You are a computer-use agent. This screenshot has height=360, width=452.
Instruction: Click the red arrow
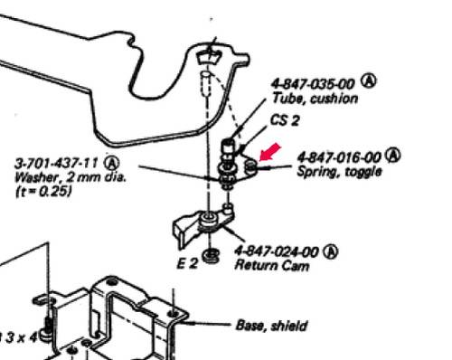pyautogui.click(x=270, y=152)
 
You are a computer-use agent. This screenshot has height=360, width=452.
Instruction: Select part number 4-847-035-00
pyautogui.click(x=314, y=83)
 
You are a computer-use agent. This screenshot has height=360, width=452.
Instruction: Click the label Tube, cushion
pyautogui.click(x=315, y=99)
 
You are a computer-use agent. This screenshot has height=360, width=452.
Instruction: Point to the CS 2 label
pyautogui.click(x=285, y=120)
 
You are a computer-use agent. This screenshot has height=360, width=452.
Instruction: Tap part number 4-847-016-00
pyautogui.click(x=339, y=157)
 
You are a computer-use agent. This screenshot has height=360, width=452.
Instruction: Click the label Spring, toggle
pyautogui.click(x=339, y=172)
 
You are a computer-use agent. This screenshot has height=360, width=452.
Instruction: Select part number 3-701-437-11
pyautogui.click(x=56, y=164)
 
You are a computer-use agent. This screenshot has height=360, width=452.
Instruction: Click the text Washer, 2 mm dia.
pyautogui.click(x=71, y=177)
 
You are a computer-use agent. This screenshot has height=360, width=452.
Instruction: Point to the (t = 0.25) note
pyautogui.click(x=43, y=191)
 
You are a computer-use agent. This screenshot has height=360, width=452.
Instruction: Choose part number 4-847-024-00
pyautogui.click(x=277, y=251)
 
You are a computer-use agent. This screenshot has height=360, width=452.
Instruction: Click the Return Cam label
pyautogui.click(x=272, y=265)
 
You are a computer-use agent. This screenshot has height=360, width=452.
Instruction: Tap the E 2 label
pyautogui.click(x=187, y=264)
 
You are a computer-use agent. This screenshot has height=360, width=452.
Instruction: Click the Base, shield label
pyautogui.click(x=271, y=326)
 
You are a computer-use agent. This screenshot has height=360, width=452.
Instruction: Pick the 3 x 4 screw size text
pyautogui.click(x=21, y=337)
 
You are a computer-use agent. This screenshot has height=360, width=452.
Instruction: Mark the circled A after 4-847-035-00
pyautogui.click(x=369, y=81)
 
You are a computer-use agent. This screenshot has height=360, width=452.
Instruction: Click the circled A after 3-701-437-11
pyautogui.click(x=112, y=163)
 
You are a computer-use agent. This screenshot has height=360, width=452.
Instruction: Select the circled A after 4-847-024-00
pyautogui.click(x=331, y=251)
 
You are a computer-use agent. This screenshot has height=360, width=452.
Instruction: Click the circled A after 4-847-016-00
pyautogui.click(x=393, y=155)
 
